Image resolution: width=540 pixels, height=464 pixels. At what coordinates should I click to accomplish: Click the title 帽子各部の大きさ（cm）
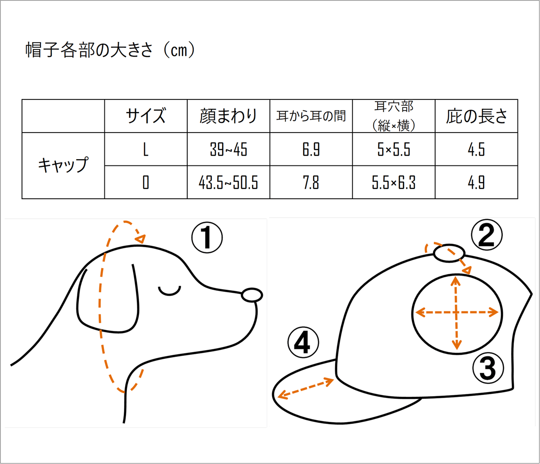point(110,50)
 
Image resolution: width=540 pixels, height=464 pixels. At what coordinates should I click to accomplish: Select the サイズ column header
point(145,116)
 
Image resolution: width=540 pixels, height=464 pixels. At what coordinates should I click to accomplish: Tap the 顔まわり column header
point(228,116)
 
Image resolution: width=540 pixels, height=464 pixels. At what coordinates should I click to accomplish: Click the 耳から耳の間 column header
point(311,116)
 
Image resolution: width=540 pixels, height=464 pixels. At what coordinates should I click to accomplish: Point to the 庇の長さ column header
point(477,116)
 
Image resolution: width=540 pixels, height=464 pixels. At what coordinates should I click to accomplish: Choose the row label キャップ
point(63,165)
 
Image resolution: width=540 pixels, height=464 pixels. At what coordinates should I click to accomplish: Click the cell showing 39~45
point(228,149)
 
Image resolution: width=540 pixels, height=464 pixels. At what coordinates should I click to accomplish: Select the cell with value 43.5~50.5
point(228,183)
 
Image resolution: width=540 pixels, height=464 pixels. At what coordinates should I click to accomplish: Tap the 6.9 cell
point(311,149)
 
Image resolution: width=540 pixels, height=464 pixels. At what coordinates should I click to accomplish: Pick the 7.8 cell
point(311,183)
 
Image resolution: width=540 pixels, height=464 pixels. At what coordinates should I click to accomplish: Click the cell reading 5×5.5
point(393,149)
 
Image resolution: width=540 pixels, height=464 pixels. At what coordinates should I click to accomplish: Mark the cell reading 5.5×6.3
point(393,183)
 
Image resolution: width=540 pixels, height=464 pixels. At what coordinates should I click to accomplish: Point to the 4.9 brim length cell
point(477,183)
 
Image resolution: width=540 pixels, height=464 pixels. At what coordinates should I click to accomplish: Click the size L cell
point(145,149)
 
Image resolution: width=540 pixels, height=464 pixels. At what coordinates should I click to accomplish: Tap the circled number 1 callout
point(207,237)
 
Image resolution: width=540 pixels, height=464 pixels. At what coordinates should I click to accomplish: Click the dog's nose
point(252,295)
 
